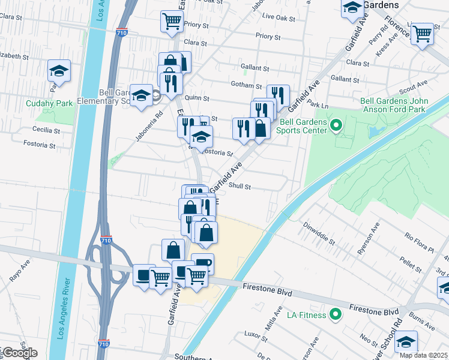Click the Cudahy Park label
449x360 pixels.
(49, 103)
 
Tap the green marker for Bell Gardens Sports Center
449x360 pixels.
(336, 126)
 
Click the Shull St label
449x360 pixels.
(239, 187)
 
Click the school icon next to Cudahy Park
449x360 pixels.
(59, 71)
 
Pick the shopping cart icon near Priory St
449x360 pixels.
(172, 22)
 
